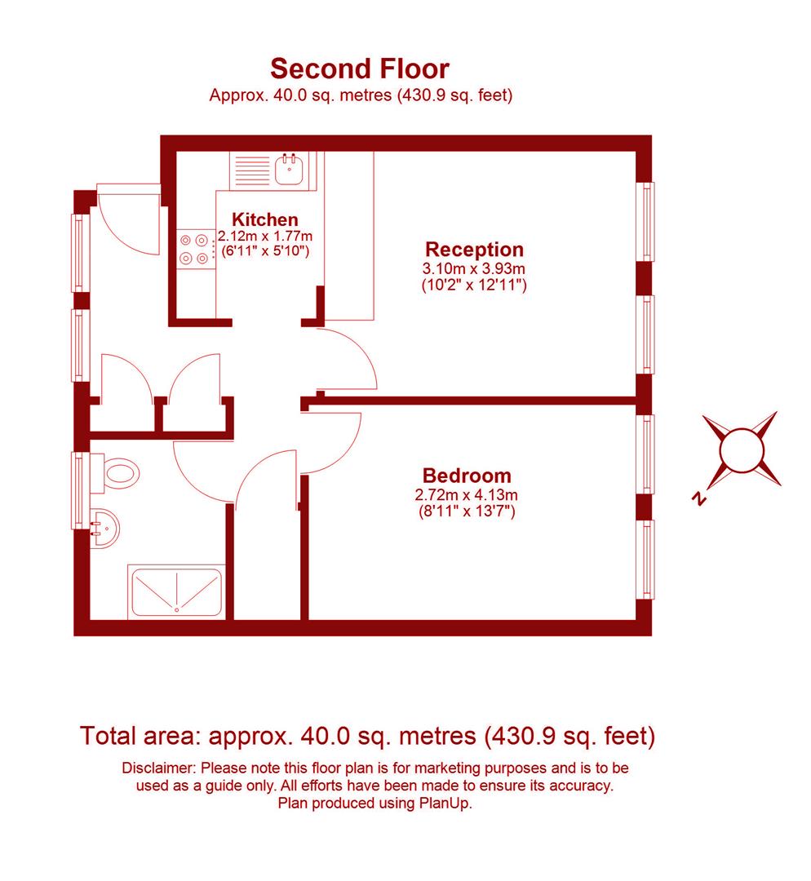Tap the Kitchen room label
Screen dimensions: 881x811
pos(265,219)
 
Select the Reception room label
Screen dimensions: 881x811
pos(474,249)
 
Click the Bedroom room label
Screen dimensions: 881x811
pos(467,475)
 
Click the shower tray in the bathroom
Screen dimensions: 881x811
pos(175,591)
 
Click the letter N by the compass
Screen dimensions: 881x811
pos(698,498)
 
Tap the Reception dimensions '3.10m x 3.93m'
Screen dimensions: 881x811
pos(474,268)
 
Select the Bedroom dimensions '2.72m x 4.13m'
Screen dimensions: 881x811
pos(467,494)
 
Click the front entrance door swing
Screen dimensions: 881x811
pos(131,220)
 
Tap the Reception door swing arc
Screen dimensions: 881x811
pos(347,359)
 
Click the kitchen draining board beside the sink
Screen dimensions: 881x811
pos(251,170)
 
